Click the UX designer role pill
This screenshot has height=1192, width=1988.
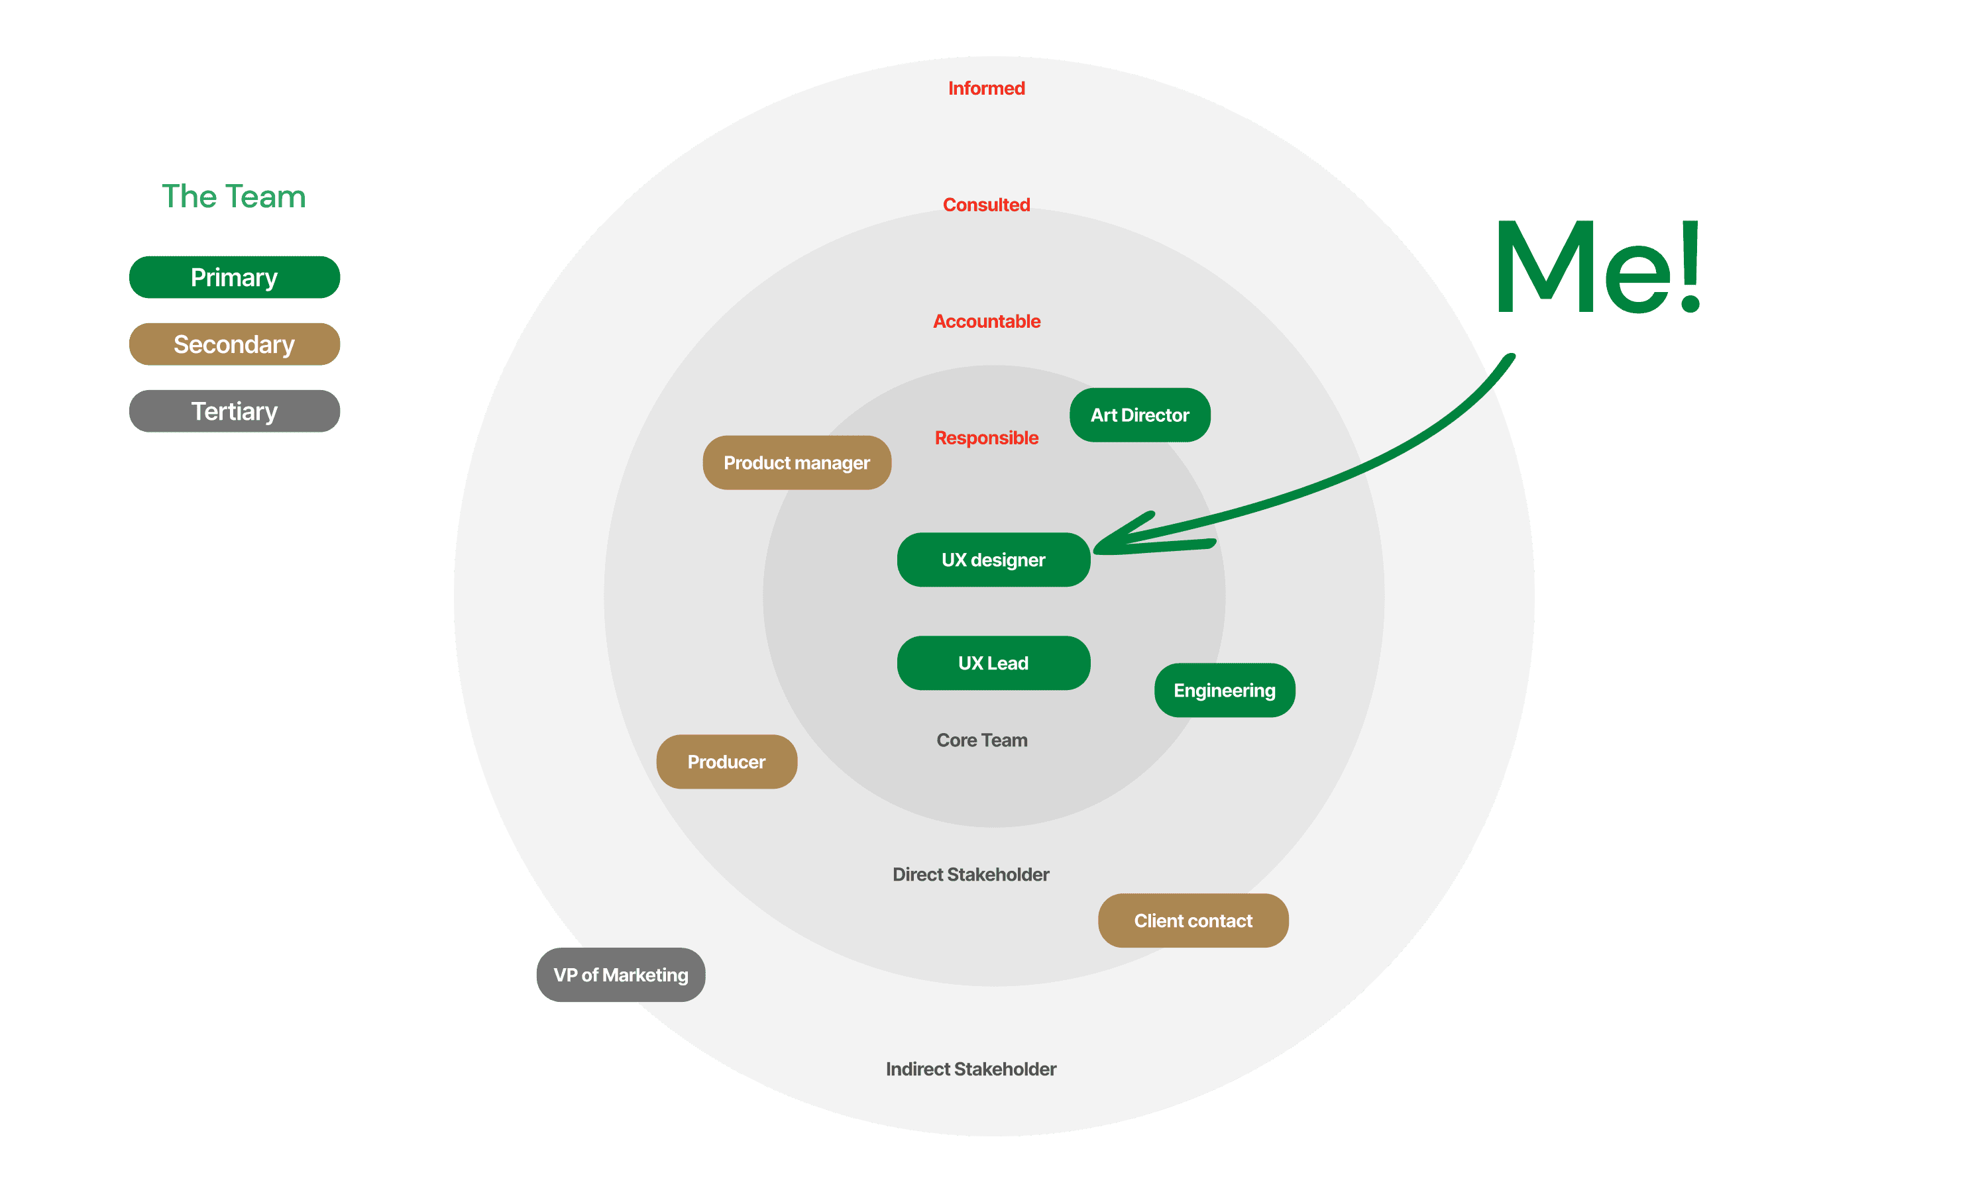coord(993,560)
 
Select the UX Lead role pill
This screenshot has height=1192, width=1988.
coord(993,663)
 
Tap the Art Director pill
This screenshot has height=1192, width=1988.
coord(1139,415)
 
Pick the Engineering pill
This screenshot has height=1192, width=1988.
coord(1224,690)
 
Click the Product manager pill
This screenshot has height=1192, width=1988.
coord(797,463)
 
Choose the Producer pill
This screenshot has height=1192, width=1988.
coord(726,762)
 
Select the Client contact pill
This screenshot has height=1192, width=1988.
coord(1193,920)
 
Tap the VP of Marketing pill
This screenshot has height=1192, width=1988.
coord(620,974)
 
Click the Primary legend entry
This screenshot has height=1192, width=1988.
coord(234,277)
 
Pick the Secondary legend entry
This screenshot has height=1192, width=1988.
coord(234,344)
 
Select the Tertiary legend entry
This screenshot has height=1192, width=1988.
coord(234,411)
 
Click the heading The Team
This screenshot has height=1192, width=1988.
coord(233,197)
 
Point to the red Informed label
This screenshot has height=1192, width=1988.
coord(986,88)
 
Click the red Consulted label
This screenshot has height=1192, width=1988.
coord(986,205)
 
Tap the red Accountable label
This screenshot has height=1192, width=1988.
coord(986,321)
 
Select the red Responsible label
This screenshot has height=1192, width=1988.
coord(986,438)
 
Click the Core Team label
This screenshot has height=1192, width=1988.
coord(981,740)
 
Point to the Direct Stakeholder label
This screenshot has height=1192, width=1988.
coord(971,874)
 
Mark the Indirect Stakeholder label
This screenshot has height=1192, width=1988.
coord(971,1069)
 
